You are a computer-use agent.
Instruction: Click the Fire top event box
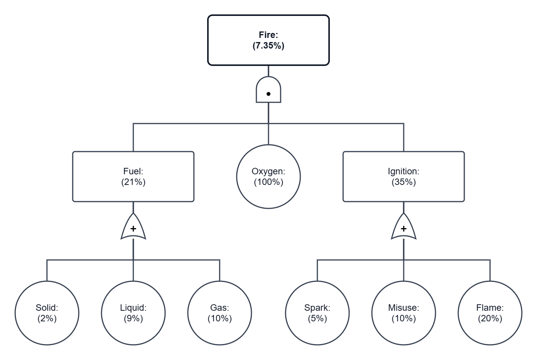pyautogui.click(x=268, y=40)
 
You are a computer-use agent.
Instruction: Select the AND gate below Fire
pyautogui.click(x=268, y=90)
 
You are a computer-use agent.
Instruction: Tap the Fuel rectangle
pyautogui.click(x=133, y=177)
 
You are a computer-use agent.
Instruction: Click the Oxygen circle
pyautogui.click(x=268, y=177)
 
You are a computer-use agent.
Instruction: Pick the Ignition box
pyautogui.click(x=404, y=177)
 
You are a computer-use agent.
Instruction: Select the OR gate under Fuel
pyautogui.click(x=133, y=226)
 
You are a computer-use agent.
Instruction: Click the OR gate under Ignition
pyautogui.click(x=404, y=226)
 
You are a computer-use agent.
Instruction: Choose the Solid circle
pyautogui.click(x=47, y=313)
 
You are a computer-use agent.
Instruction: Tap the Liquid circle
pyautogui.click(x=133, y=313)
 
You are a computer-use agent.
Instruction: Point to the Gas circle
pyautogui.click(x=220, y=313)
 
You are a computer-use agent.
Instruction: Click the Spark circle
pyautogui.click(x=317, y=313)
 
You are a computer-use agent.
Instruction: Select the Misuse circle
pyautogui.click(x=404, y=313)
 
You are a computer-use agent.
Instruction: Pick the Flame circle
pyautogui.click(x=490, y=313)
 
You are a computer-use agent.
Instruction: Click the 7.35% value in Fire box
pyautogui.click(x=268, y=45)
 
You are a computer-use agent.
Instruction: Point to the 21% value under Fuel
pyautogui.click(x=133, y=182)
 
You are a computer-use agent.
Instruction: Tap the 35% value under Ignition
pyautogui.click(x=404, y=182)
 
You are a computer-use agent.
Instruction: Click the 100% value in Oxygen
pyautogui.click(x=268, y=182)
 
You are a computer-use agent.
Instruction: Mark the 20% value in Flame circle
pyautogui.click(x=490, y=319)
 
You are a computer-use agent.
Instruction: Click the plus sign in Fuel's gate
pyautogui.click(x=133, y=229)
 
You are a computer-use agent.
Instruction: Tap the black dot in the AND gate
pyautogui.click(x=268, y=94)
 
